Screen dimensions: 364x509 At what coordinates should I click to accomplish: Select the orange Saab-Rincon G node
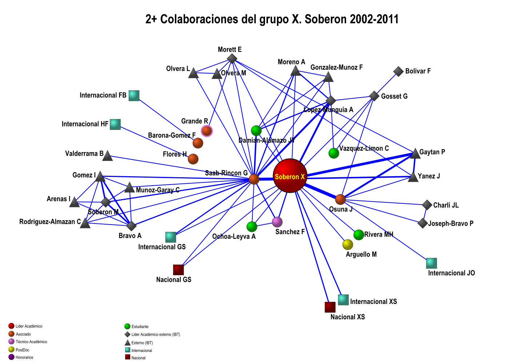point(254,179)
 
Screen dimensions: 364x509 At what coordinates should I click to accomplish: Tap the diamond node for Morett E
point(232,59)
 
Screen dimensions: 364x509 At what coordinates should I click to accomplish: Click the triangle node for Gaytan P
point(415,154)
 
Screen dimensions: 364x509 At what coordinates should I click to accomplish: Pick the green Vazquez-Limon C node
point(334,153)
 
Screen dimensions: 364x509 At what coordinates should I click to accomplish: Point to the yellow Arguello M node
point(348,245)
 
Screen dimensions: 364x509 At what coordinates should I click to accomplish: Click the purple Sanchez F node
point(277,222)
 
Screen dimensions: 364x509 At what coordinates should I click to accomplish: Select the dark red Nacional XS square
point(330,307)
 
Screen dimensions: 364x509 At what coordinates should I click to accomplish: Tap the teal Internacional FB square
point(134,95)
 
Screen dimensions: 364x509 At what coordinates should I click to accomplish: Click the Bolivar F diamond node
point(398,71)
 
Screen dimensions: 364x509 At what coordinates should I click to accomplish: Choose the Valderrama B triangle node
point(108,156)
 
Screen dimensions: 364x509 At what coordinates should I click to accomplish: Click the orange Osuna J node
point(340,199)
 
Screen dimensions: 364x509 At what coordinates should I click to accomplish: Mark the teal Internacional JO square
point(432,263)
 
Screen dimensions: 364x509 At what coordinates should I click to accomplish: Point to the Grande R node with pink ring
point(207,131)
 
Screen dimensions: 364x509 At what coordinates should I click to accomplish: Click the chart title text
point(272,19)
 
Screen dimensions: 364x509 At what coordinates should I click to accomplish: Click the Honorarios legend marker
point(11,357)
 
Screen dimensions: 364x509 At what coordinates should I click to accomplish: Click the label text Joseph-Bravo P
point(451,223)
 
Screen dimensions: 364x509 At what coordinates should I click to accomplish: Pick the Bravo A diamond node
point(132,226)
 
